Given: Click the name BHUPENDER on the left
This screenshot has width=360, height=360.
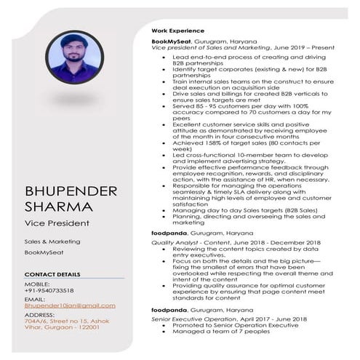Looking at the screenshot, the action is [71, 191].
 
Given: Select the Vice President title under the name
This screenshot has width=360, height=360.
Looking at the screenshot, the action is [57, 223].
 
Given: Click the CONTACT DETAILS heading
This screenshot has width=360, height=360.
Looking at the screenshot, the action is [52, 274].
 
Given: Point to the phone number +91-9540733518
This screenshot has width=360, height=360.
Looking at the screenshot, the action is [52, 289].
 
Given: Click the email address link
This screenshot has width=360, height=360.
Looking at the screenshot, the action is [70, 306].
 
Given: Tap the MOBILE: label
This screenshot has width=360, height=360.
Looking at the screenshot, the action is [37, 283].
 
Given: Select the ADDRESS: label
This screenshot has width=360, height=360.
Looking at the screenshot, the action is [40, 313].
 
